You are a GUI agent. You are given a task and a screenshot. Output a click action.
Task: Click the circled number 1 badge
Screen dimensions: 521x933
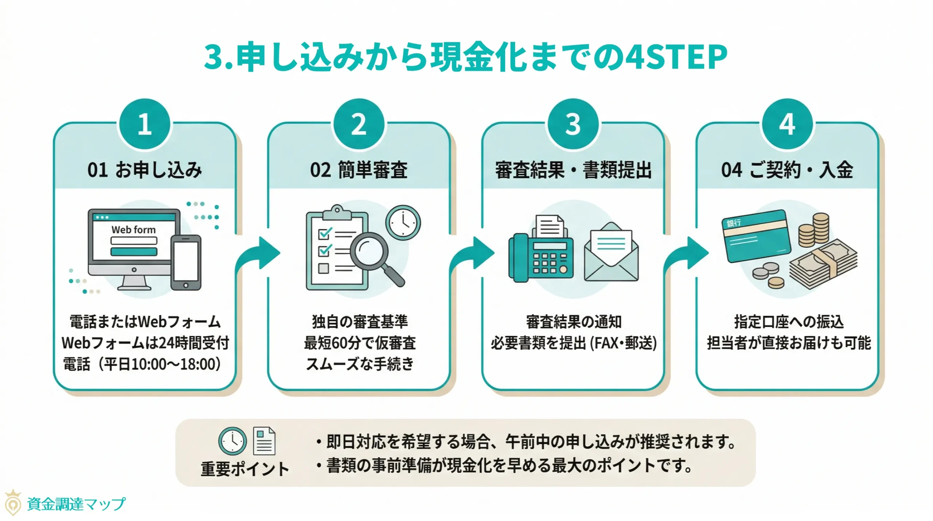pos(145,124)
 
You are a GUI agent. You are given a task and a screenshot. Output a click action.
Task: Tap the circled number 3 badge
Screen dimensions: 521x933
pos(573,124)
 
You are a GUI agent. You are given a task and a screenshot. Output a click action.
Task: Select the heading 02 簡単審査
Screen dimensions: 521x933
pos(359,170)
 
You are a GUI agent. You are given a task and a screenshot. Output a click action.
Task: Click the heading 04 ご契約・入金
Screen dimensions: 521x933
pos(787,170)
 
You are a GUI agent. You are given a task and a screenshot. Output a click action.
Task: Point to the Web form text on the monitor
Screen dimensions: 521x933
pos(133,230)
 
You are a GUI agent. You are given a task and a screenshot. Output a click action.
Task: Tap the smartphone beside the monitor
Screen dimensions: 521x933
pos(186,262)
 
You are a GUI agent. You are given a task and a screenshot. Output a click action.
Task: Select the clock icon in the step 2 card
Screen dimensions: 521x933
pos(403,222)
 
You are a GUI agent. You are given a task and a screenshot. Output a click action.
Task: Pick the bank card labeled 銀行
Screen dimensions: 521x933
pos(756,236)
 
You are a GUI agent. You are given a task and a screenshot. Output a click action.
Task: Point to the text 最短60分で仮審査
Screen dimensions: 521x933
pos(359,343)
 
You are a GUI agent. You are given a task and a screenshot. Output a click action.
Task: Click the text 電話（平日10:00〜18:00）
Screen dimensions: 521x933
pos(142,364)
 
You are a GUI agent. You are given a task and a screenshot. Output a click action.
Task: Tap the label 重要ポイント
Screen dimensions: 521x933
pos(245,469)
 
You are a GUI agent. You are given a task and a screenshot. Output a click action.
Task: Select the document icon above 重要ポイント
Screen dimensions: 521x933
pos(264,441)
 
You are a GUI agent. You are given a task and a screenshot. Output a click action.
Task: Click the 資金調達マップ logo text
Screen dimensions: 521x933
pos(76,504)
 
